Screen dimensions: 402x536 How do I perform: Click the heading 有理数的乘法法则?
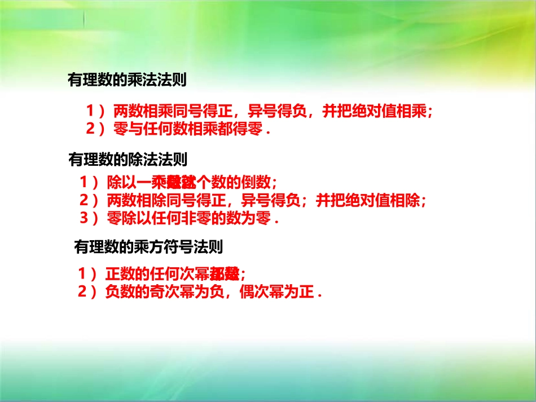127,80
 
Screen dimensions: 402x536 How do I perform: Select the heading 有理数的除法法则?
127,160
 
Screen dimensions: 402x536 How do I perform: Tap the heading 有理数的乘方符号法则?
148,246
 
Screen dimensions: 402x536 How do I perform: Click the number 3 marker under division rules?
85,218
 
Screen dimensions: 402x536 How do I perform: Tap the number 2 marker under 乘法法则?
90,129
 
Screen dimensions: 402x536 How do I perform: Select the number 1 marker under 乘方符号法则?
82,275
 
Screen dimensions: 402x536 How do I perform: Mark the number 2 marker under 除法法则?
85,200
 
